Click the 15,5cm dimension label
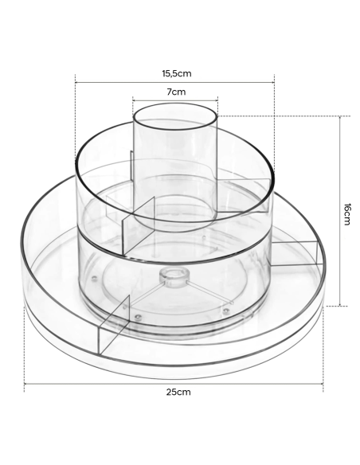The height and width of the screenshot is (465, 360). coord(176,72)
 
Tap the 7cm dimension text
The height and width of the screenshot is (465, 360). coord(176,92)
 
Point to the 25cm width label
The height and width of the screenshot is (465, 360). coord(178,392)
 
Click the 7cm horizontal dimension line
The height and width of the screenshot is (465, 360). coord(175,101)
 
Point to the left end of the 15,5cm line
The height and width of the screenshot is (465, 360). coord(75,80)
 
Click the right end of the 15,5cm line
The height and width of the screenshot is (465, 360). coord(274,80)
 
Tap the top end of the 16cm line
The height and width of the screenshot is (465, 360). coord(340,116)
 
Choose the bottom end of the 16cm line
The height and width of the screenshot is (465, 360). coord(340,305)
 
